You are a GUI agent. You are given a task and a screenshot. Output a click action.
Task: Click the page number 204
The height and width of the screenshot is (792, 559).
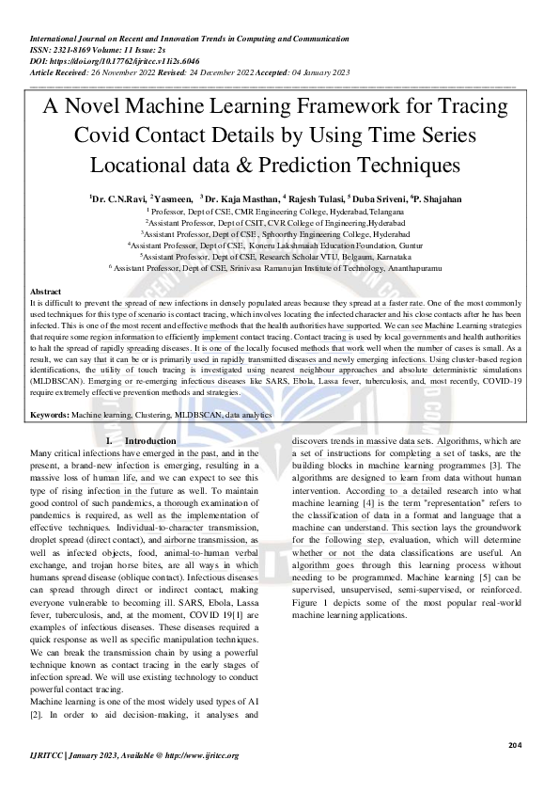pyautogui.click(x=514, y=745)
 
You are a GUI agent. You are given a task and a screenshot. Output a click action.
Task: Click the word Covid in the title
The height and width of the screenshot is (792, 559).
pyautogui.click(x=108, y=136)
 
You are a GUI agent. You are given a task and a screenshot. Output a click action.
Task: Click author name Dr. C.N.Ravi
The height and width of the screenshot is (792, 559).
pyautogui.click(x=116, y=199)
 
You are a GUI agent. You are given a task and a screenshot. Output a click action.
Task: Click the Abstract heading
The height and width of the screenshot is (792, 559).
pyautogui.click(x=46, y=293)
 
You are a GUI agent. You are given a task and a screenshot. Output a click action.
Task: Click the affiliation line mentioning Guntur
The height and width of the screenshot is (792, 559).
pyautogui.click(x=279, y=245)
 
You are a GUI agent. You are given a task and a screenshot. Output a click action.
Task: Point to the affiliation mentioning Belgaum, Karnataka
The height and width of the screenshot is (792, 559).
pyautogui.click(x=279, y=256)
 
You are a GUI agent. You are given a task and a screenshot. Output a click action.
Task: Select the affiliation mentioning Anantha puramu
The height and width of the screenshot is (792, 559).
pyautogui.click(x=279, y=267)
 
